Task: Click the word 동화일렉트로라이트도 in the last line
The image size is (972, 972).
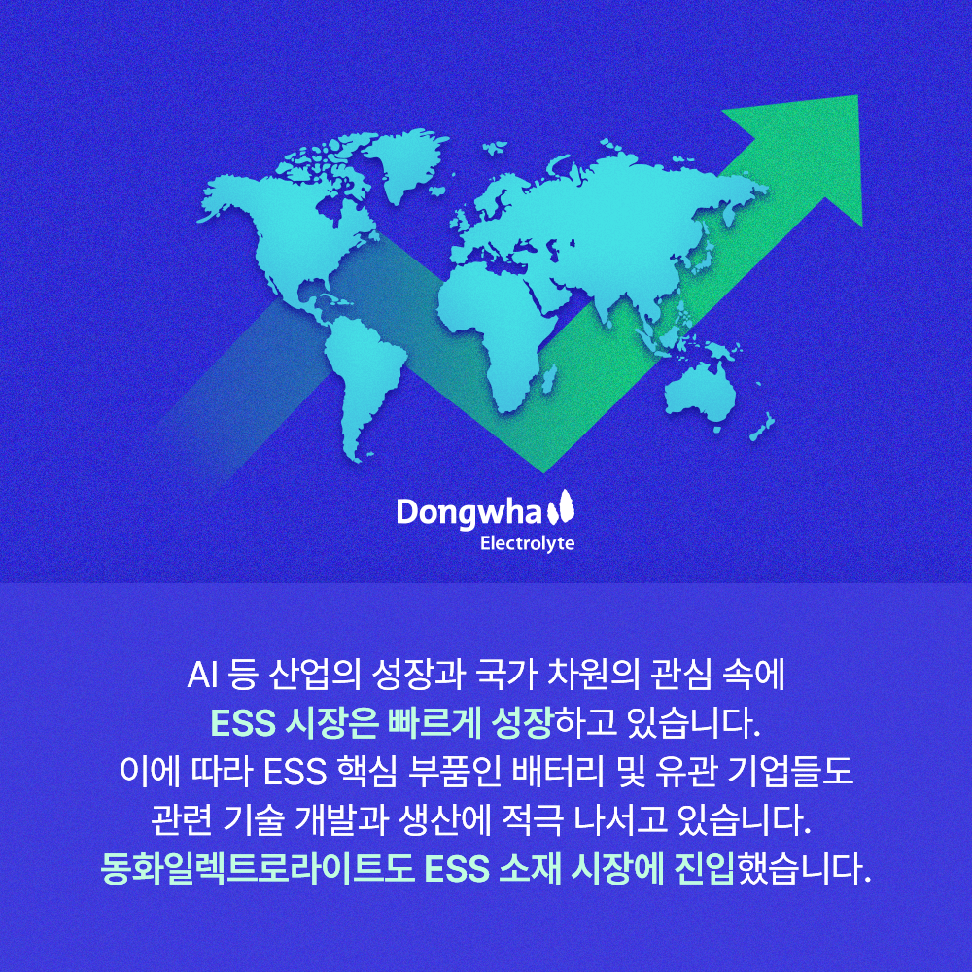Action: coord(257,866)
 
